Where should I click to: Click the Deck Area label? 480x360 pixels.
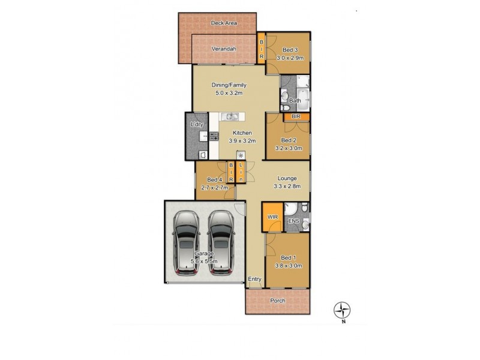click(224, 23)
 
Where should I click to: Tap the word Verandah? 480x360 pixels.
click(223, 49)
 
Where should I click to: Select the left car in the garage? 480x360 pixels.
click(186, 242)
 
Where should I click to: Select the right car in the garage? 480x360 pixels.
click(220, 242)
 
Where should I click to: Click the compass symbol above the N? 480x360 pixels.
click(342, 310)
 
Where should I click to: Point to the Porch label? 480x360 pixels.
click(278, 301)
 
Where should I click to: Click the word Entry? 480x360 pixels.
click(255, 280)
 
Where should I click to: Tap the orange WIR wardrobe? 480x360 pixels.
click(271, 217)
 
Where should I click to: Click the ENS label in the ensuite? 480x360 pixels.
click(294, 221)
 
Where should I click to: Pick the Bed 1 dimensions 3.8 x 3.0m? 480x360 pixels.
click(289, 265)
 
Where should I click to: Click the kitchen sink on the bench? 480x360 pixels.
click(231, 116)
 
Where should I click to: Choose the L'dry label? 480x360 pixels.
click(196, 124)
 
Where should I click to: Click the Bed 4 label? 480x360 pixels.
click(214, 179)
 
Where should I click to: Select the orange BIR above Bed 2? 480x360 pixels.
click(296, 116)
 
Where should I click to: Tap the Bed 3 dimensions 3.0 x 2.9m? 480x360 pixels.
click(290, 58)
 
